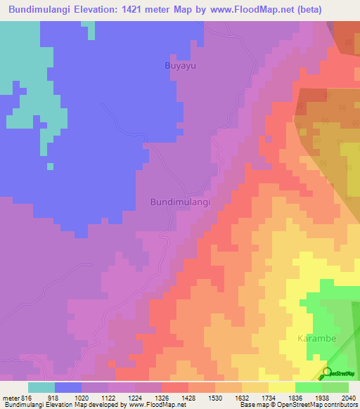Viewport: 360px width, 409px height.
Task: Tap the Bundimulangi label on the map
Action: click(x=181, y=202)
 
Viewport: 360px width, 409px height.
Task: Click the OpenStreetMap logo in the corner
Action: click(x=340, y=373)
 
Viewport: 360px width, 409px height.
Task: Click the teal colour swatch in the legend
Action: click(x=41, y=387)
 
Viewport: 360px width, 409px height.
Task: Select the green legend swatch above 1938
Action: click(x=309, y=387)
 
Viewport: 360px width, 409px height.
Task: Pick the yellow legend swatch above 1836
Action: click(x=282, y=387)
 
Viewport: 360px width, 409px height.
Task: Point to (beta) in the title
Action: click(x=337, y=10)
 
